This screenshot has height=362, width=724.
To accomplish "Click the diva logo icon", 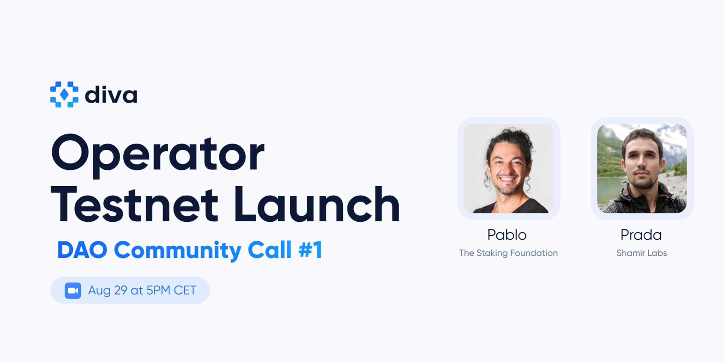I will point(64,94).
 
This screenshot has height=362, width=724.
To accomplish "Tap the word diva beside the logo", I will point(111,95).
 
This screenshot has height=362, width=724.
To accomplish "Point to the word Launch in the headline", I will point(316,205).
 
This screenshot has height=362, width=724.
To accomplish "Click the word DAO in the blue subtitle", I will point(82,250).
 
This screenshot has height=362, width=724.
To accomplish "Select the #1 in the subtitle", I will point(310,250).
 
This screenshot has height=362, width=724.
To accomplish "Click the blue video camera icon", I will point(73,290).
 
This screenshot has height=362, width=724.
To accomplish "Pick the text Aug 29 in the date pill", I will point(107,290).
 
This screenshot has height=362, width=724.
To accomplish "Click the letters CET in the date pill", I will point(185,290).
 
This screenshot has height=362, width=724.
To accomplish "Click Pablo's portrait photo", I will point(509,169).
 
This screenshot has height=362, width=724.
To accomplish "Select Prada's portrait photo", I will point(642,169).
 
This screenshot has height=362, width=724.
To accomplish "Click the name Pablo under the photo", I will point(507,235).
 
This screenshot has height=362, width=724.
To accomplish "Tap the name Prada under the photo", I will point(641,235).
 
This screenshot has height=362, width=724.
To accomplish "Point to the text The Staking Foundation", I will point(508,253).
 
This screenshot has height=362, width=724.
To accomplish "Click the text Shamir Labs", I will point(641,253).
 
